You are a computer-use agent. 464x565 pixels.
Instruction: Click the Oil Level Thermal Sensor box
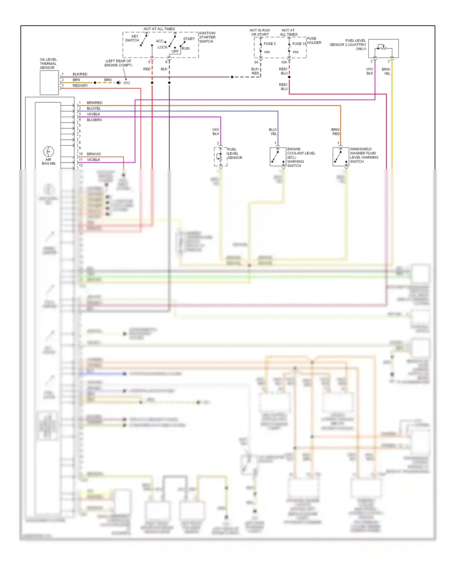coord(49,83)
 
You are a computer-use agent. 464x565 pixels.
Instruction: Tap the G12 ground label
coord(127,83)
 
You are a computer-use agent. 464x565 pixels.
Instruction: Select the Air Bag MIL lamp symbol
coord(49,151)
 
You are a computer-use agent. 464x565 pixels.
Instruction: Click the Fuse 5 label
coord(269,44)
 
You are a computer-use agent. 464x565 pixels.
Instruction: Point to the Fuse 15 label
coord(299,44)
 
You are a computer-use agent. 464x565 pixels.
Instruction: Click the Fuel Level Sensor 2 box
coord(383,49)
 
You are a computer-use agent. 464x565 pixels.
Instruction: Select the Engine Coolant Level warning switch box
coord(278,157)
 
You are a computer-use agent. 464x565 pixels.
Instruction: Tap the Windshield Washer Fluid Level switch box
coord(341,157)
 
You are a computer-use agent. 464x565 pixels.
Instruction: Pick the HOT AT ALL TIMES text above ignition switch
coord(159,29)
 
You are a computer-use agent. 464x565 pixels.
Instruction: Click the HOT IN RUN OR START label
coord(260,32)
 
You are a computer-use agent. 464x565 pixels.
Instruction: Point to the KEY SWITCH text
coord(132,38)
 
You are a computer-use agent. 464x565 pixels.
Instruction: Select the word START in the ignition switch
coord(189,39)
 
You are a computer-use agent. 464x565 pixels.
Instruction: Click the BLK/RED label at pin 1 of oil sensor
coord(80,74)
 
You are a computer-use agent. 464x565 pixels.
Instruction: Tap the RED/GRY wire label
coord(80,86)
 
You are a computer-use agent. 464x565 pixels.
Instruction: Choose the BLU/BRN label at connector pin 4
coord(94,120)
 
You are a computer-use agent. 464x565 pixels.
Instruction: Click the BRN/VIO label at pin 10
coord(94,154)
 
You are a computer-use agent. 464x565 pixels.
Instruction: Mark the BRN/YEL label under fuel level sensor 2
coord(386,71)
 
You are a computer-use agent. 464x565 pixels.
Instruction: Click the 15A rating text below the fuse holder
coord(284,62)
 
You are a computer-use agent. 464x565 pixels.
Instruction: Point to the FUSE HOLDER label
coord(314,41)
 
